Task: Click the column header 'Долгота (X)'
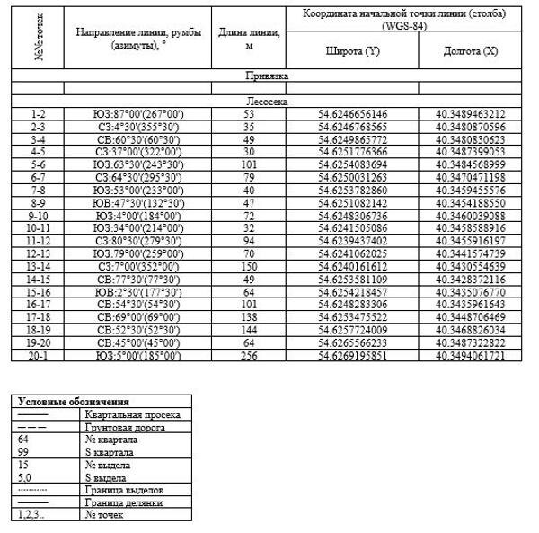(x=471, y=51)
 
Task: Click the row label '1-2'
(x=37, y=115)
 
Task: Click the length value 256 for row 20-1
(x=250, y=356)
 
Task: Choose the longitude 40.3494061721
(x=471, y=356)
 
